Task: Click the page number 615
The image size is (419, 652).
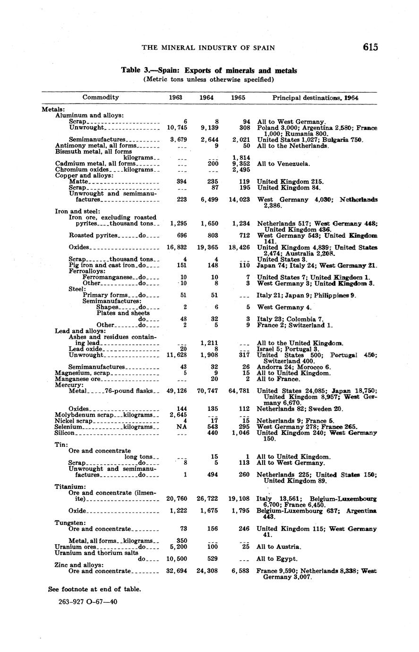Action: pos(370,47)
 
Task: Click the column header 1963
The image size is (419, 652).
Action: pos(176,97)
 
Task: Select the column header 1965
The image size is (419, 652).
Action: pos(238,97)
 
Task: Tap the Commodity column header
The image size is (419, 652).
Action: pos(101,97)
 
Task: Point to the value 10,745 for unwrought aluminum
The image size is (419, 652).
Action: pos(177,128)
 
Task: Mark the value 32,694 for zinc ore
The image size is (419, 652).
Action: pos(177,571)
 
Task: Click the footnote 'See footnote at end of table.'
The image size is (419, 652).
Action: pos(94,589)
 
